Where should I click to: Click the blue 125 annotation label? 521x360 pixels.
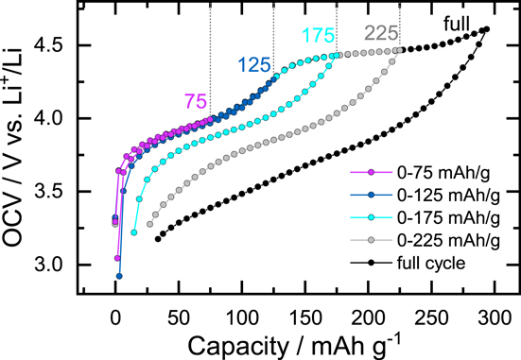pyautogui.click(x=253, y=66)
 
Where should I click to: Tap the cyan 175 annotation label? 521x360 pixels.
pyautogui.click(x=319, y=36)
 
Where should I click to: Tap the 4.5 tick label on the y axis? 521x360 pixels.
pyautogui.click(x=63, y=45)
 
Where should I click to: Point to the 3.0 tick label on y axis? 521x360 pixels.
pyautogui.click(x=63, y=266)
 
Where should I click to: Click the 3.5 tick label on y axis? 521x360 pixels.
pyautogui.click(x=63, y=192)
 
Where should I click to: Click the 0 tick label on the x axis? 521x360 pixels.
pyautogui.click(x=115, y=316)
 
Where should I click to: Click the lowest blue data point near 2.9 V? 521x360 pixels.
pyautogui.click(x=119, y=277)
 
